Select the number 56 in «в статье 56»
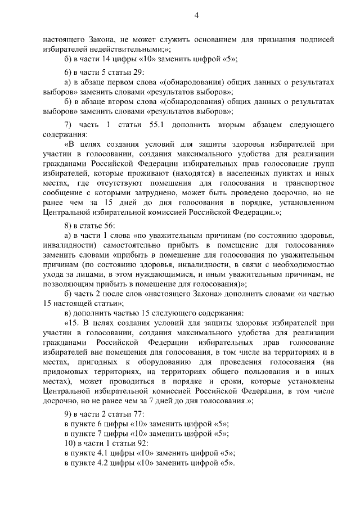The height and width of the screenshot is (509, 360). pos(107,226)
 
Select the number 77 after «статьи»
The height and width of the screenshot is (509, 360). pos(134,414)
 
